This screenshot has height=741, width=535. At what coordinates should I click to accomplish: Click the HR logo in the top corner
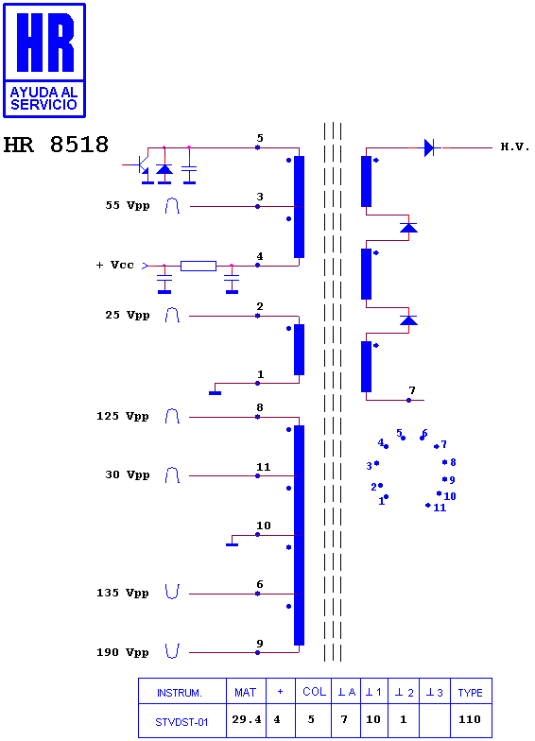pos(44,60)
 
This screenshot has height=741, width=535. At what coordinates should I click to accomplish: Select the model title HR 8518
pos(56,145)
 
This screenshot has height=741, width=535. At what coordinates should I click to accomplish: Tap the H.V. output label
pos(514,147)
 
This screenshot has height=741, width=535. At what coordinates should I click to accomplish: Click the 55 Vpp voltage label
pos(127,206)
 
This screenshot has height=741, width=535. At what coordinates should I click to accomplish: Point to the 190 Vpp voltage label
pos(123,652)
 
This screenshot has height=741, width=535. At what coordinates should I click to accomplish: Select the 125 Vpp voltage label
pos(123,416)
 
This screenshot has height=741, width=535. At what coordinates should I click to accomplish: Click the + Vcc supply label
pos(115,265)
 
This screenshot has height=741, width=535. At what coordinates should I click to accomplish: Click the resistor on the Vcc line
pos(198,267)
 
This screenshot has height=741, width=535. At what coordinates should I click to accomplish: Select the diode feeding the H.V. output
pos(429,147)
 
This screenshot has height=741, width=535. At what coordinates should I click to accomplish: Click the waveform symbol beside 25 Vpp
pos(172,316)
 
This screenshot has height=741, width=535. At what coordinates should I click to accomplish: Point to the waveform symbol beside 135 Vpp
pos(172,592)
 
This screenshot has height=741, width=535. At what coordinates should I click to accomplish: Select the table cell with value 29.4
pos(246,720)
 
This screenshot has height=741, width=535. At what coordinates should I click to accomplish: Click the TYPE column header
pos(471,693)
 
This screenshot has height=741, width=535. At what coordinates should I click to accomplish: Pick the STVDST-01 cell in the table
pos(181,720)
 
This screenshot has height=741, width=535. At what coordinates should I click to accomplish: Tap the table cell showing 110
pos(470,720)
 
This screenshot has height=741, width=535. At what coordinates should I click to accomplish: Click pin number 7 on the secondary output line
pos(412,390)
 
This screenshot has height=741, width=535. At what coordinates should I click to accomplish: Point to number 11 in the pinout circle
pos(440,508)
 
